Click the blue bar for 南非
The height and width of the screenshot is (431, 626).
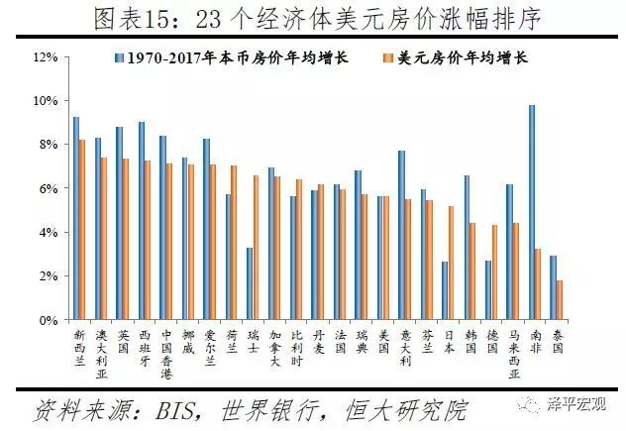click(532, 213)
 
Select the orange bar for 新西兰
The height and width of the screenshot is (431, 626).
click(82, 230)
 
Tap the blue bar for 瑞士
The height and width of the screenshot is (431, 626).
click(250, 283)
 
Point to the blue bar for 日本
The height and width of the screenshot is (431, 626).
click(445, 291)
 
